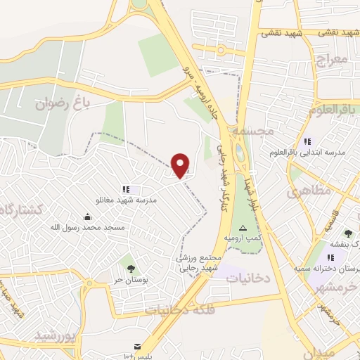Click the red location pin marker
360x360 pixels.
click(181, 165)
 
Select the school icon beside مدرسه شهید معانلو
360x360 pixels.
click(126, 189)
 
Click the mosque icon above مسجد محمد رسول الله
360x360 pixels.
click(87, 217)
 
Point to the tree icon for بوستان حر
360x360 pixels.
click(128, 267)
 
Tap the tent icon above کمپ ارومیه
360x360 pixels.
click(243, 228)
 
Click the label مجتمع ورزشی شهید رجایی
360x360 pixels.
click(198, 263)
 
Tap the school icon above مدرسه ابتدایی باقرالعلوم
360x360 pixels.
click(307, 141)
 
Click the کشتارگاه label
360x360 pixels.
click(21, 209)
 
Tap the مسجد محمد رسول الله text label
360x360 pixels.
click(87, 227)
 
